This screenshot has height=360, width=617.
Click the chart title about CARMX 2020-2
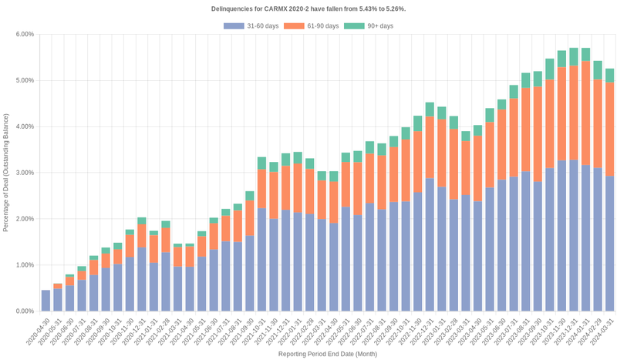click(x=308, y=8)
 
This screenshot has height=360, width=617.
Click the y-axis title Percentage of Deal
click(x=7, y=173)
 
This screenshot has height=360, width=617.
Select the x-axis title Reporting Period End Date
click(x=327, y=355)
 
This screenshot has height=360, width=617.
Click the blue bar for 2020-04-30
click(x=46, y=301)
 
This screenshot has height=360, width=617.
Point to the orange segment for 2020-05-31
click(x=58, y=286)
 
